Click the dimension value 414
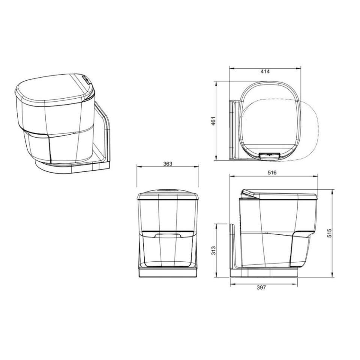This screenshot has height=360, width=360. (265, 72)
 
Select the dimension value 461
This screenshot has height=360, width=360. (213, 121)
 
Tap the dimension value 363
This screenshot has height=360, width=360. (168, 163)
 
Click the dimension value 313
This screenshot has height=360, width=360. (213, 250)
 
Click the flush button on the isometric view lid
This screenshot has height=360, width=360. (86, 79)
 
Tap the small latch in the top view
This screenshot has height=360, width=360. (270, 154)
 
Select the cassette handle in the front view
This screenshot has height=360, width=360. (168, 235)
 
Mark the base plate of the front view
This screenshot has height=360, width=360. (168, 272)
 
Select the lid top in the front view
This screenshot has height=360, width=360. (168, 195)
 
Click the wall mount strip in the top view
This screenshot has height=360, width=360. (232, 129)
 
